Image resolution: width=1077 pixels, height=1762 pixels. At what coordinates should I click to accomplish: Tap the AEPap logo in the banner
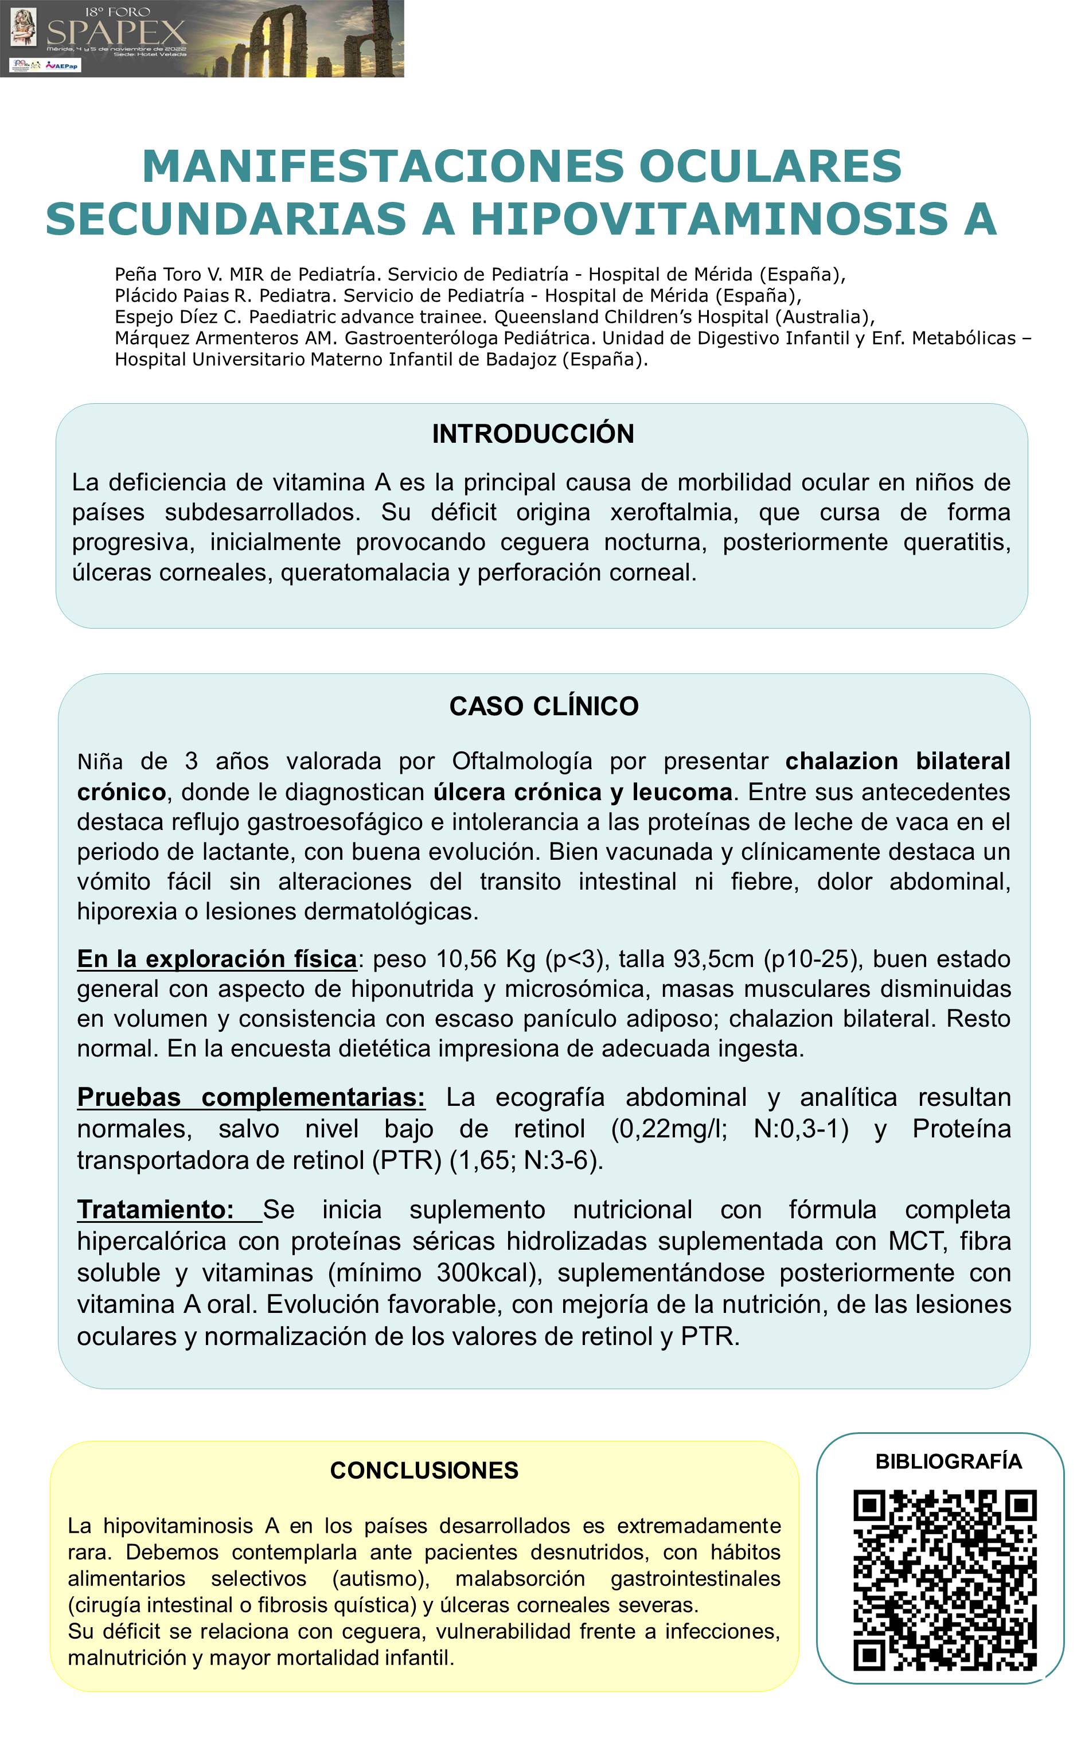coord(63,65)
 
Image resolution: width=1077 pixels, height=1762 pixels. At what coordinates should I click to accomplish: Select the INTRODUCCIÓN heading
coord(533,434)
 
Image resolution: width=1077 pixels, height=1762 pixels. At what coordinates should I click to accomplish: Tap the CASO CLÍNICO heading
coord(544,707)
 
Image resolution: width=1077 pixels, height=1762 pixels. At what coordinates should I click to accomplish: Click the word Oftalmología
coord(522,762)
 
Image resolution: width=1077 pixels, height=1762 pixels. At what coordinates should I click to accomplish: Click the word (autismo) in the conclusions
coord(380,1579)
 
